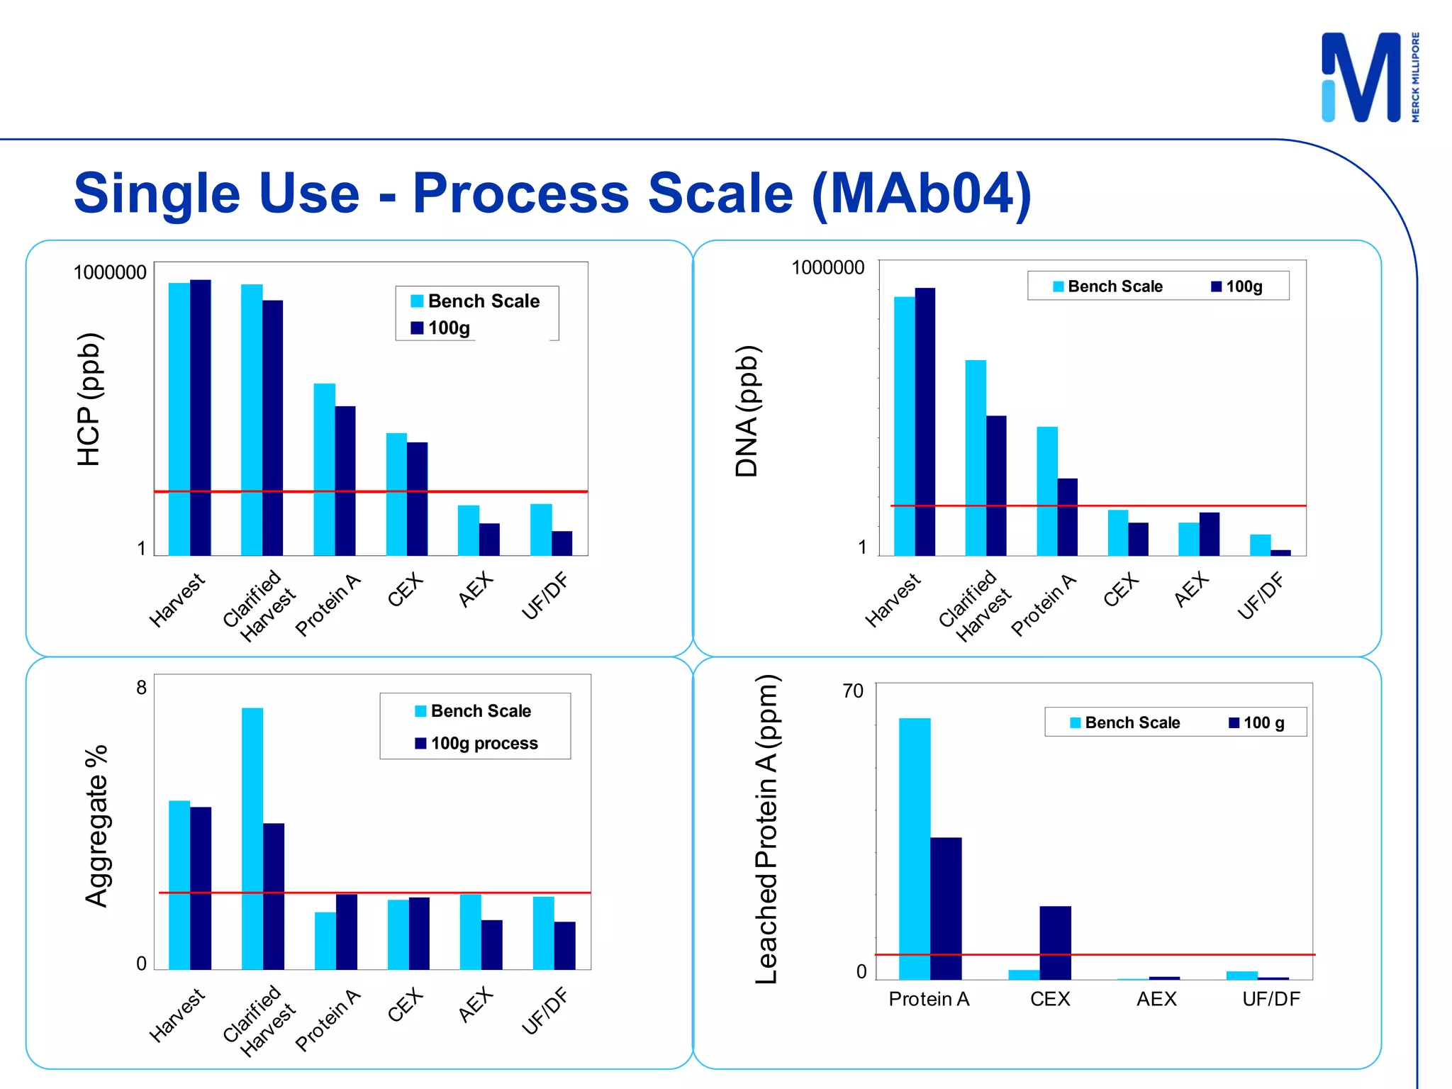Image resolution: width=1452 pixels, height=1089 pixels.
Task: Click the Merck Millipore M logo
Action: pyautogui.click(x=1361, y=77)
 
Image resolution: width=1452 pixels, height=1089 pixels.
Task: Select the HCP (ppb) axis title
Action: pyautogui.click(x=89, y=399)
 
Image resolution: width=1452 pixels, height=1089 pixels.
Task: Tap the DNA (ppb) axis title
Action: pyautogui.click(x=747, y=411)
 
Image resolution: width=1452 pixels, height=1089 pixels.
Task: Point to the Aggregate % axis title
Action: pyautogui.click(x=96, y=826)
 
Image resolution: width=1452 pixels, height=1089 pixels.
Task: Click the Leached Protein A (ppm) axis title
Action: pyautogui.click(x=766, y=830)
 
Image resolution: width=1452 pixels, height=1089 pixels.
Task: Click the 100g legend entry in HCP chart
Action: pyautogui.click(x=441, y=328)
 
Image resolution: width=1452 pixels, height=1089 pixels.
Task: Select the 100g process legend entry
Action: pyautogui.click(x=476, y=743)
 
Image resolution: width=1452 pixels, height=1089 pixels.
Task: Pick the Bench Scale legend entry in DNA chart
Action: pyautogui.click(x=1107, y=286)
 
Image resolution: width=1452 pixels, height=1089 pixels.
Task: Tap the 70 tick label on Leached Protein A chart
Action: pyautogui.click(x=853, y=691)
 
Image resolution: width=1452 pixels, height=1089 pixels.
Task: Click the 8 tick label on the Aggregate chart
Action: pyautogui.click(x=142, y=688)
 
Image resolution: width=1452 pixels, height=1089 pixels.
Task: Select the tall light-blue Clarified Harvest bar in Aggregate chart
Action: pyautogui.click(x=252, y=837)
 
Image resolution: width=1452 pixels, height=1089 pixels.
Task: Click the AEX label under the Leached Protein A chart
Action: pyautogui.click(x=1156, y=999)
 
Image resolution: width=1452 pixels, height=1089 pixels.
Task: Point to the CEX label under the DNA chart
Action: pyautogui.click(x=1121, y=590)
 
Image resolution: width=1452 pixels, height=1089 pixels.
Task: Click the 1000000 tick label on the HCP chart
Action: pyautogui.click(x=110, y=272)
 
